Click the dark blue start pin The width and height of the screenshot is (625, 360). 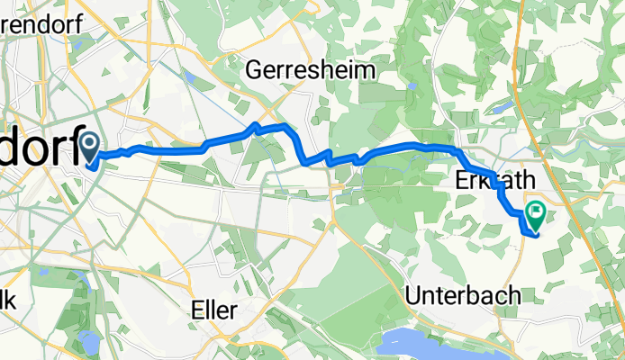(91, 145)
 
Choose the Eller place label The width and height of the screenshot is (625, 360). (214, 310)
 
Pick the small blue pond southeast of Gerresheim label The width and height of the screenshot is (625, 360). (412, 86)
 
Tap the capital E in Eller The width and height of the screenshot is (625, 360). (198, 310)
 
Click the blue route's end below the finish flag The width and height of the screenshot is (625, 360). (533, 237)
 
